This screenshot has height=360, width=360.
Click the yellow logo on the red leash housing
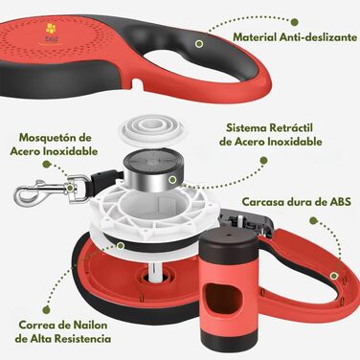click(51, 29)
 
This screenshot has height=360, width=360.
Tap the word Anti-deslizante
click(318, 37)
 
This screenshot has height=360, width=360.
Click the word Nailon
click(90, 325)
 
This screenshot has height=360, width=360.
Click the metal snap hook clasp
click(46, 191)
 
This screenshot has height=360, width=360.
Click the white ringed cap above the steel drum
click(151, 129)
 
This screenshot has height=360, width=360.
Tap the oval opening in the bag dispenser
click(221, 300)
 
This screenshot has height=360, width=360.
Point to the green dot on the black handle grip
click(199, 44)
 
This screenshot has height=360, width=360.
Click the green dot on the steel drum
click(172, 180)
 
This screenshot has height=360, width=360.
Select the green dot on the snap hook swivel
click(70, 189)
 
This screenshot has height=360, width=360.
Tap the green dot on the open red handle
click(334, 276)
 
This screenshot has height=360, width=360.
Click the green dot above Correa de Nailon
click(47, 309)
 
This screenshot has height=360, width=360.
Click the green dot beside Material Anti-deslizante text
click(295, 22)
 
